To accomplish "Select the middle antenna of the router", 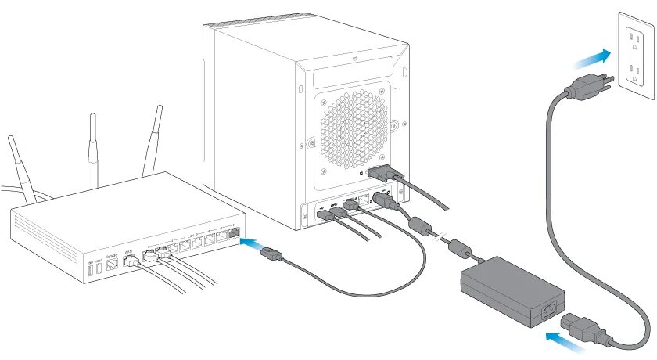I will coord(92,149).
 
